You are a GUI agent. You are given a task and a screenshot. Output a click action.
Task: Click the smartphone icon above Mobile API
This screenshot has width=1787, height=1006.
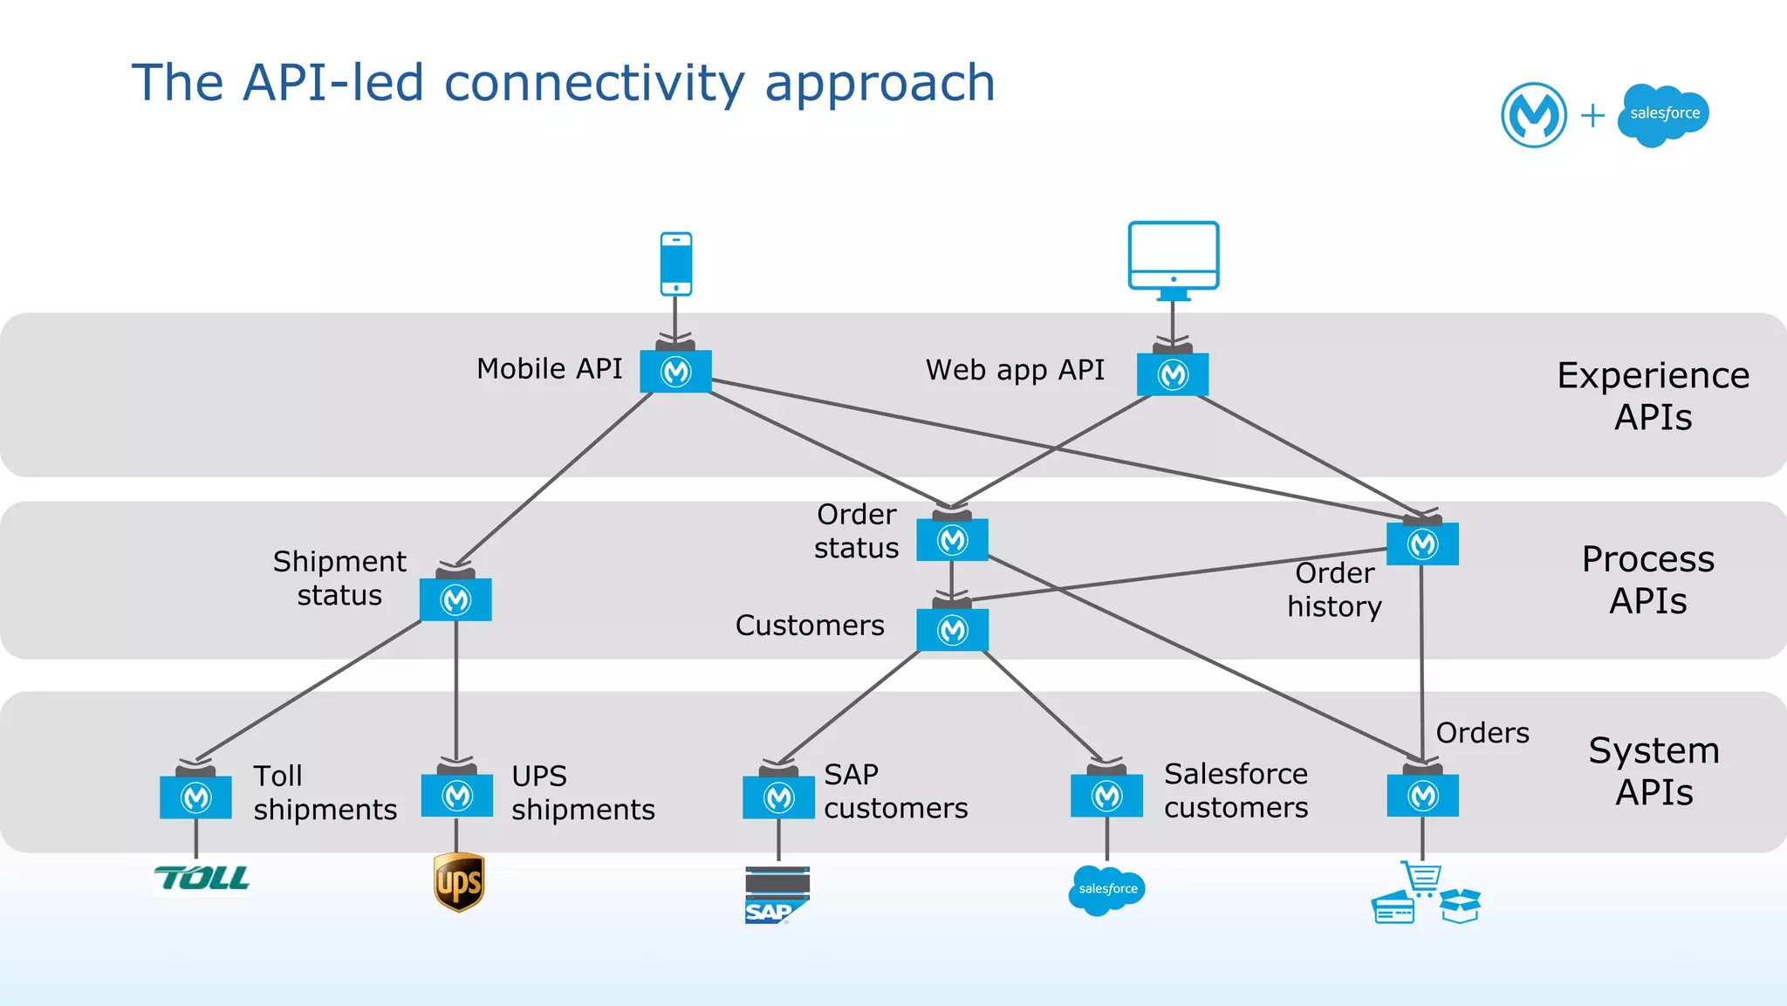click(x=676, y=263)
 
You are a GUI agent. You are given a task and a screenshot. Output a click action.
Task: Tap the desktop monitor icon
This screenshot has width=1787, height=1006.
click(x=1173, y=257)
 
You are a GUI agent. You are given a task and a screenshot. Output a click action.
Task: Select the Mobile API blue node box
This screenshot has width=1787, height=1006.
click(x=675, y=372)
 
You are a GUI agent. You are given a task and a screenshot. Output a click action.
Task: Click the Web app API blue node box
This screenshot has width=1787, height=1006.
click(x=1173, y=374)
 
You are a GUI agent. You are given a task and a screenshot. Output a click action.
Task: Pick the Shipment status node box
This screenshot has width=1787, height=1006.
click(x=455, y=599)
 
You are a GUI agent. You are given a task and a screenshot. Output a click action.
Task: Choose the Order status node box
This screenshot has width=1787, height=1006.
click(x=952, y=540)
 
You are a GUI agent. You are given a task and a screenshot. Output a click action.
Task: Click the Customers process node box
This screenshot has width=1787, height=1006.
click(x=952, y=629)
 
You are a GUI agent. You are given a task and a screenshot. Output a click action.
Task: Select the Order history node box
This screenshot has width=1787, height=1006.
click(x=1422, y=544)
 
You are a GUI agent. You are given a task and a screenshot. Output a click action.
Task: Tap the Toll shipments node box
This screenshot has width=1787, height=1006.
click(x=195, y=797)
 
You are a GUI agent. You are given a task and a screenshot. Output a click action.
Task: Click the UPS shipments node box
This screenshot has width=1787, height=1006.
click(x=456, y=795)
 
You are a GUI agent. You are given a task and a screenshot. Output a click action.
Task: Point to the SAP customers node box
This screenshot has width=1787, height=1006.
click(x=778, y=797)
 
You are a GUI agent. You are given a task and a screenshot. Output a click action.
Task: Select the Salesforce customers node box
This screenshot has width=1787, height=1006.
click(x=1106, y=795)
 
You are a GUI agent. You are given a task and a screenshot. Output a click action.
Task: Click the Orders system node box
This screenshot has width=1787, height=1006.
click(x=1422, y=795)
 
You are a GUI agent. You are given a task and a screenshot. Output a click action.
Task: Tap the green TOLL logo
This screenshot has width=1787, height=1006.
click(x=202, y=878)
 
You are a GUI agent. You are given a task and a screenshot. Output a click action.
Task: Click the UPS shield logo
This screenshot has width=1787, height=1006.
click(x=458, y=882)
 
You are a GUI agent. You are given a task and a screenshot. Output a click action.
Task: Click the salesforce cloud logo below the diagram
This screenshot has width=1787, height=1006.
click(x=1106, y=889)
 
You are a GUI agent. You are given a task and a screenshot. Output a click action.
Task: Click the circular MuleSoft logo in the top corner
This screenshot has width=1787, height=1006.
click(x=1533, y=115)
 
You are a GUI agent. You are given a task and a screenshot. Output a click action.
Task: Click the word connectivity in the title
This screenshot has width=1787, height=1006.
click(x=594, y=84)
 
